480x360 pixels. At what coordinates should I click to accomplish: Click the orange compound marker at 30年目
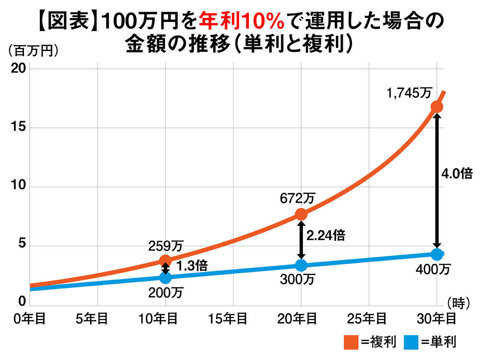pos(436,106)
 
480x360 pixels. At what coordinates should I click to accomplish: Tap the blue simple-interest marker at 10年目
pos(165,278)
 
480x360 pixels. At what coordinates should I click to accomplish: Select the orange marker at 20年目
pos(301,214)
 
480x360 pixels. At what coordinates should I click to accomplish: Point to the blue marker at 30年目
pos(436,254)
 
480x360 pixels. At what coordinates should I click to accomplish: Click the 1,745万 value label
pos(409,93)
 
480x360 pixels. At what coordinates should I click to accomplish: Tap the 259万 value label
pos(165,246)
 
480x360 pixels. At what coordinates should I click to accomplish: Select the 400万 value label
pos(433,269)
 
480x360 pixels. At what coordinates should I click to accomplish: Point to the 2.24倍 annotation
pos(325,235)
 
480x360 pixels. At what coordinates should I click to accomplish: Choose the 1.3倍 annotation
pos(191,266)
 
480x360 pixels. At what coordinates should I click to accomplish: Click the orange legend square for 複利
pos(351,342)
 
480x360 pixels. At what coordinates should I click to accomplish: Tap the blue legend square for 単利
pos(411,342)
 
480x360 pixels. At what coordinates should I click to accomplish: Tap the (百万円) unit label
pos(33,51)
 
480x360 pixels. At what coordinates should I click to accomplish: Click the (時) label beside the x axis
pos(458,303)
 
